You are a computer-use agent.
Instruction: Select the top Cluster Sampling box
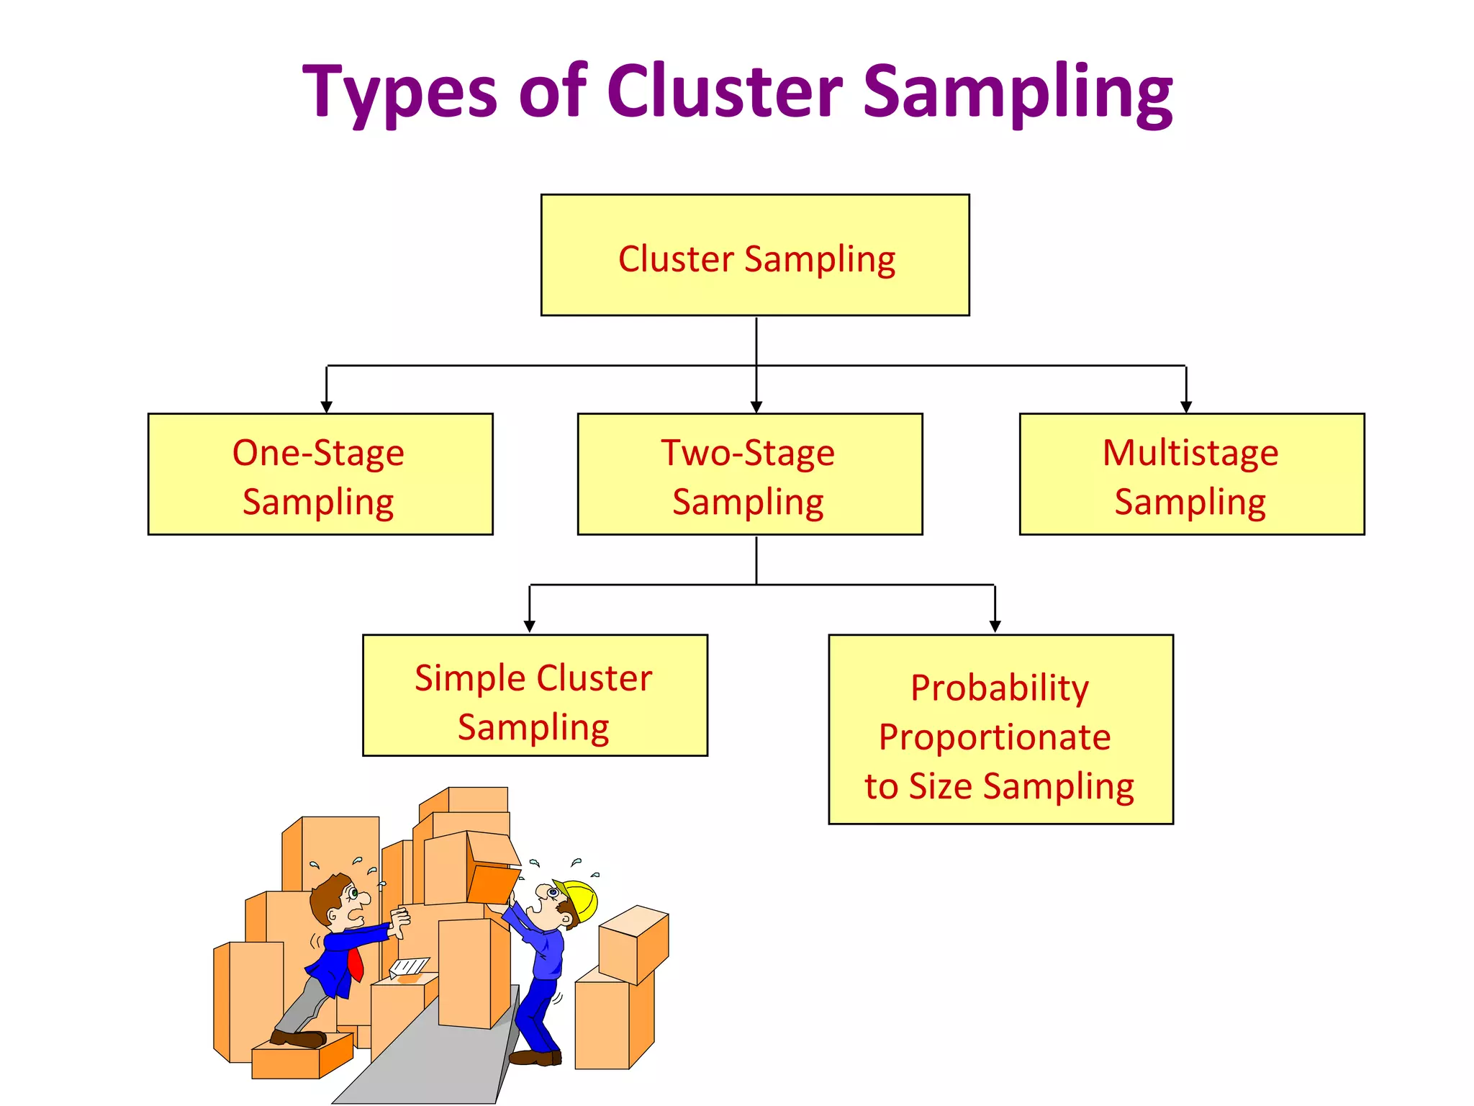coord(755,255)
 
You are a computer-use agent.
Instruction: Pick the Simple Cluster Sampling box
coord(535,695)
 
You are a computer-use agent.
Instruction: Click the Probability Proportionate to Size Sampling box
coord(1000,729)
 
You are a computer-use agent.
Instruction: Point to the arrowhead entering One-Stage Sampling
coord(326,407)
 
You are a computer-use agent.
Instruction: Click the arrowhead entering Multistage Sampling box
coord(1186,407)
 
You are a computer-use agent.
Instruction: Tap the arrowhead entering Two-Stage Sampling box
coord(756,407)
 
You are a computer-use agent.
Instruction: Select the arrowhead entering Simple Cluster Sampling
coord(530,626)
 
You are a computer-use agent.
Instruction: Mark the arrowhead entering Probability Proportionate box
coord(995,626)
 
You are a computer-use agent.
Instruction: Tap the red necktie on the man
coord(355,963)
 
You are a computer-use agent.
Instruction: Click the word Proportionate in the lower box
coord(995,737)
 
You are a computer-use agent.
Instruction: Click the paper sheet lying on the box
coord(410,966)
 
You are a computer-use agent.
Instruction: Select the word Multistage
coord(1190,454)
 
